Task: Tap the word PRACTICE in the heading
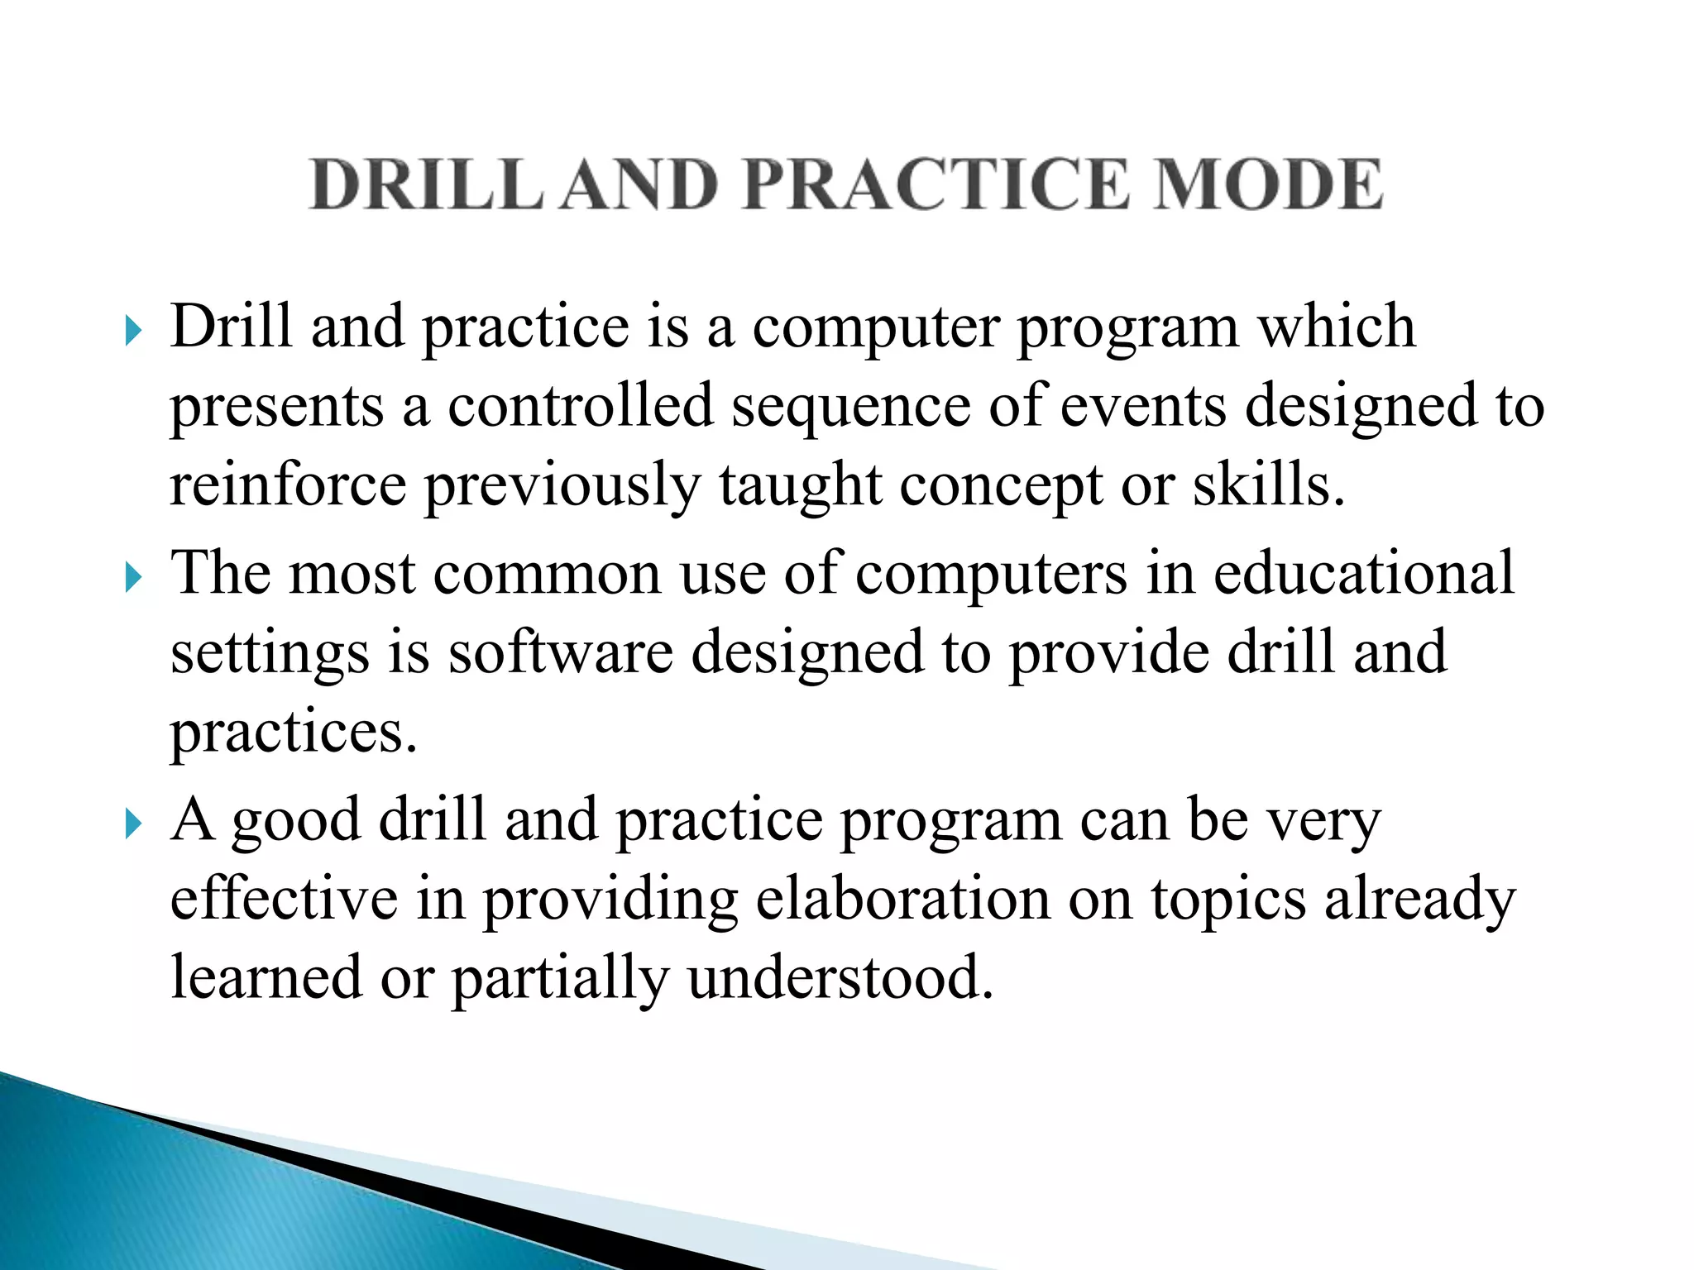coord(935,184)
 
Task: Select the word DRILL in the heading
coord(426,184)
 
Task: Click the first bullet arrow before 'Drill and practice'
coord(133,332)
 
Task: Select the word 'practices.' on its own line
coord(294,733)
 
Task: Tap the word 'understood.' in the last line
coord(840,977)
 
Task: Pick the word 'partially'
coord(559,979)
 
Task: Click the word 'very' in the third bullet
coord(1324,822)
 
